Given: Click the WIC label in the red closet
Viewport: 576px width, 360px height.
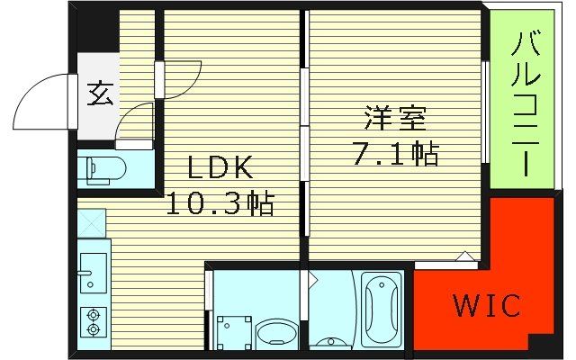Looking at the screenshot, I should point(486,306).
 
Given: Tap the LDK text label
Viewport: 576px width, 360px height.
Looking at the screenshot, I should point(220,168).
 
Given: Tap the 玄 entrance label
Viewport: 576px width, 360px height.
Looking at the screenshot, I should point(99,94).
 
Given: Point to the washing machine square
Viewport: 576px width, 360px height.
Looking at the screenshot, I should point(235,330).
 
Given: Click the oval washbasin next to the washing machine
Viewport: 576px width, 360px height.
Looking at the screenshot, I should point(274,334).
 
